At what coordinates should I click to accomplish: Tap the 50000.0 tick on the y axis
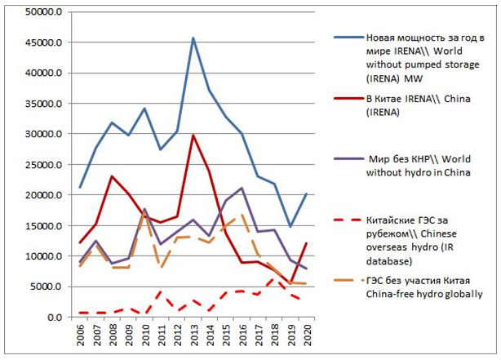tap(42, 12)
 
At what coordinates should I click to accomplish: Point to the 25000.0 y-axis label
tap(42, 165)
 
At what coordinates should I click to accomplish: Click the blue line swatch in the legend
tap(347, 38)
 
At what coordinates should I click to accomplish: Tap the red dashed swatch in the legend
tap(347, 220)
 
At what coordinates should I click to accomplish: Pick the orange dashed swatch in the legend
tap(347, 280)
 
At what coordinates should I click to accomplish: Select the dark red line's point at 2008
tap(112, 176)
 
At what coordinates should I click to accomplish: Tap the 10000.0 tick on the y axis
tap(42, 256)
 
